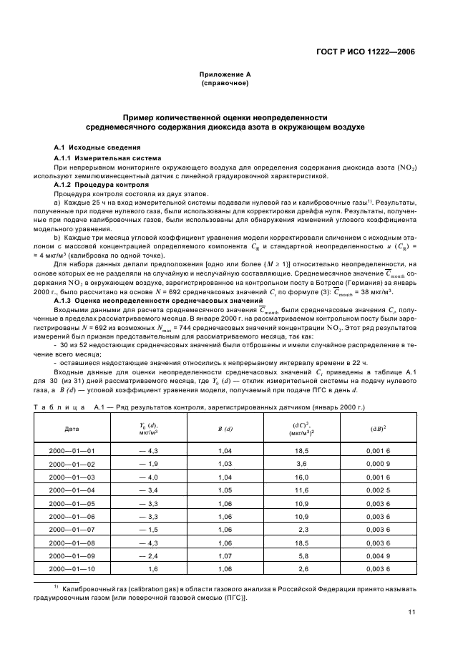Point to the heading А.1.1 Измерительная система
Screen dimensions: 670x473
(107, 157)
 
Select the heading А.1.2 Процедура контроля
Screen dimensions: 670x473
(102, 185)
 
